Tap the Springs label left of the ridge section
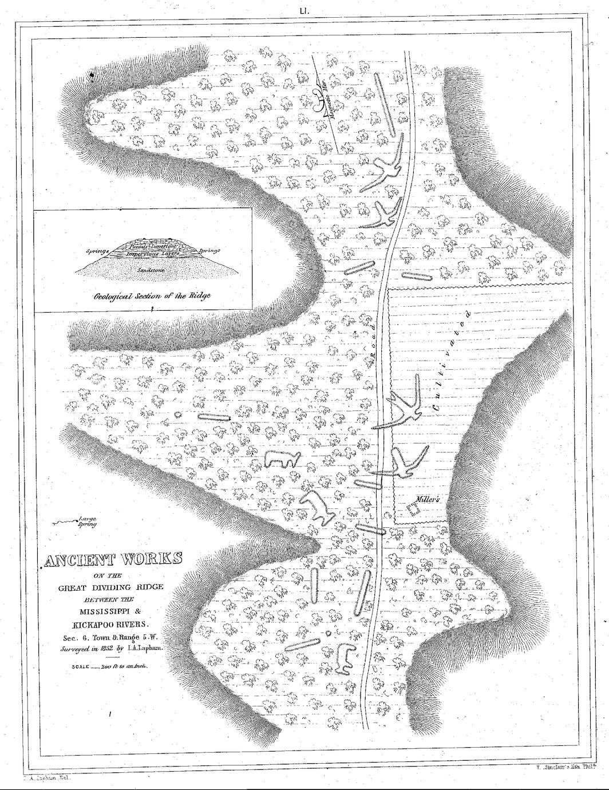point(98,251)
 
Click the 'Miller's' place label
point(427,499)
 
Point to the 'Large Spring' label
point(87,521)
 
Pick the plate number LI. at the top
point(304,10)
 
